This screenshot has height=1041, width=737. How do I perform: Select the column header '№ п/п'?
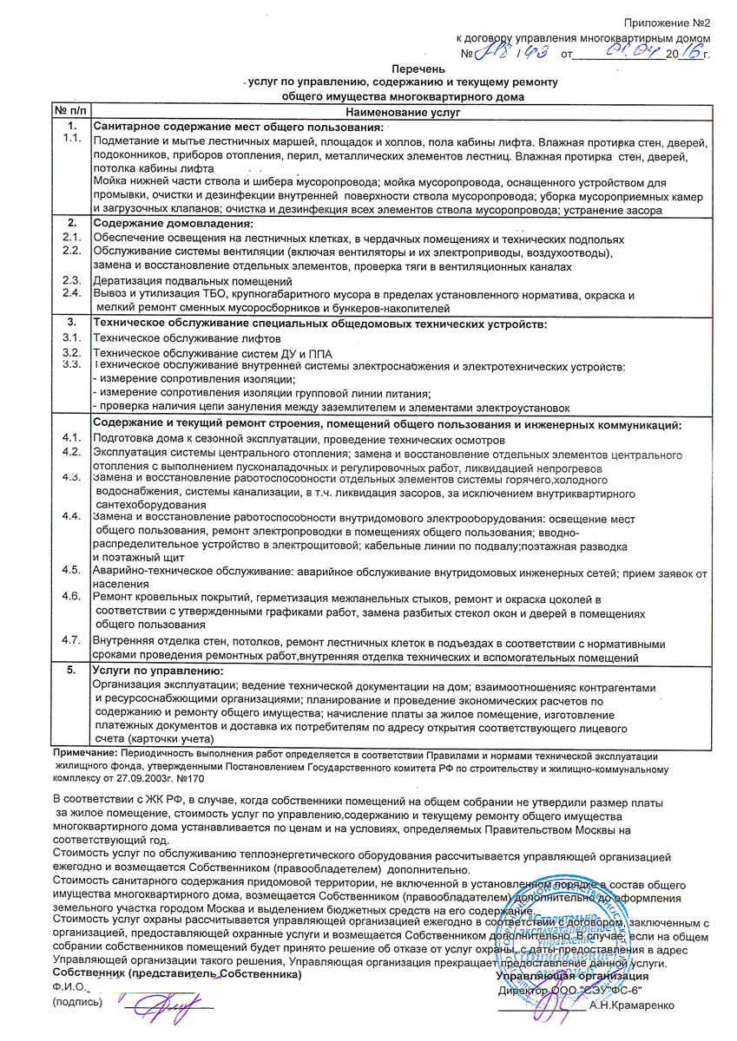[x=71, y=112]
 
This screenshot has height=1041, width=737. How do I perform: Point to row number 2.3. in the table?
[x=71, y=280]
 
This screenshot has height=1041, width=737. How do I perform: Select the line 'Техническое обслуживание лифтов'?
[x=187, y=338]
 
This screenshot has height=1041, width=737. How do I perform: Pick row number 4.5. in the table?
[x=71, y=569]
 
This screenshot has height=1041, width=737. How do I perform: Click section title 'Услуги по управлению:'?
[x=158, y=671]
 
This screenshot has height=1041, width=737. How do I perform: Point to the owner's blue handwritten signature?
[x=168, y=1005]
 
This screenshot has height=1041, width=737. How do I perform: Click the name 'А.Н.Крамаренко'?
[x=629, y=1006]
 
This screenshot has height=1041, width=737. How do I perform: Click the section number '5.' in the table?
[x=71, y=671]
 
